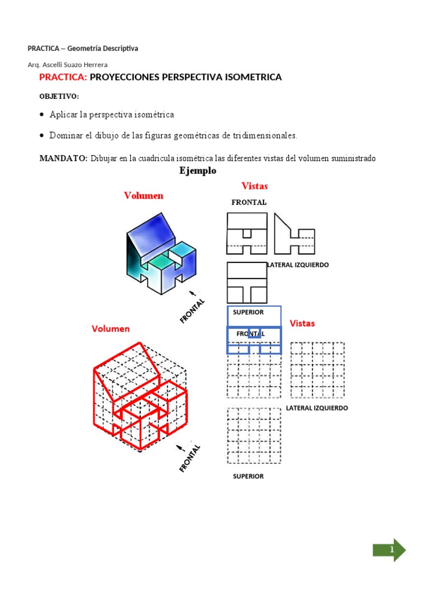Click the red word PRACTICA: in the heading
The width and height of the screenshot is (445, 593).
pyautogui.click(x=63, y=77)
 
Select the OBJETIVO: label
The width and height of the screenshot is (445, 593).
pyautogui.click(x=59, y=96)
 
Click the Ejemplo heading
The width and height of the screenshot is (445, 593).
pyautogui.click(x=198, y=171)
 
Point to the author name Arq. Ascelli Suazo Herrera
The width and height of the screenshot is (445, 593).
pyautogui.click(x=67, y=65)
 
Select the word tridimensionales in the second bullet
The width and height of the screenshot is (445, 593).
pyautogui.click(x=264, y=136)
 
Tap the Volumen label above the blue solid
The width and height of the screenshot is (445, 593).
pyautogui.click(x=144, y=196)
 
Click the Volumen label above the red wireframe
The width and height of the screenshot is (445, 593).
pyautogui.click(x=111, y=329)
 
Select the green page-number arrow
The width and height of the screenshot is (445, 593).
pyautogui.click(x=389, y=550)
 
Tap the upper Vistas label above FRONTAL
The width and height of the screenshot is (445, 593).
pyautogui.click(x=254, y=186)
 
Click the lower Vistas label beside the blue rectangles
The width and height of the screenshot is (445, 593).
pyautogui.click(x=302, y=323)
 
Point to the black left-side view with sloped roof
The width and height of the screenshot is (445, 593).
pyautogui.click(x=294, y=234)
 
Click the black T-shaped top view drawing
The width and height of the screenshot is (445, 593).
pyautogui.click(x=247, y=283)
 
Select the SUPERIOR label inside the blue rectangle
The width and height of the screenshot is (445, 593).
pyautogui.click(x=248, y=313)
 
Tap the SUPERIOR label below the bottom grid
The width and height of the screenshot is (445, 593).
pyautogui.click(x=248, y=477)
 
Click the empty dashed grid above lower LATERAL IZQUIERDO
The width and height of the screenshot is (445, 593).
pyautogui.click(x=317, y=370)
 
